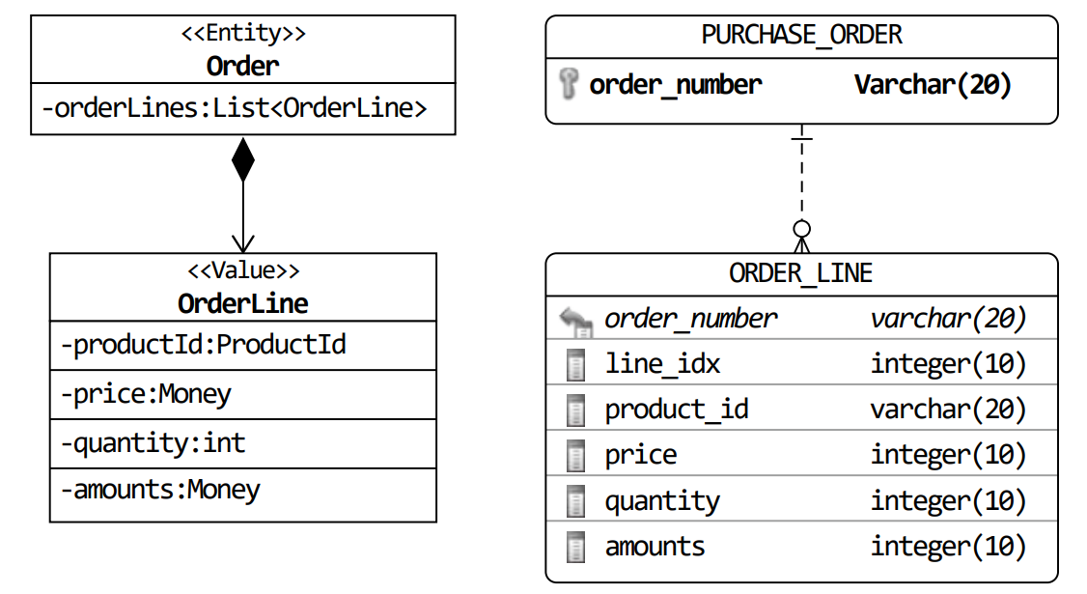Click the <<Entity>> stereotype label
pyautogui.click(x=242, y=33)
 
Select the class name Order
pyautogui.click(x=242, y=66)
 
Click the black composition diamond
pyautogui.click(x=242, y=159)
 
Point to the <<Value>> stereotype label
pyautogui.click(x=243, y=269)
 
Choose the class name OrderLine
pyautogui.click(x=242, y=303)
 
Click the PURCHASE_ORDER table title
pyautogui.click(x=801, y=35)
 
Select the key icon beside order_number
pyautogui.click(x=569, y=84)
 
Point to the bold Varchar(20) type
pyautogui.click(x=933, y=85)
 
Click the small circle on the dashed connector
pyautogui.click(x=801, y=228)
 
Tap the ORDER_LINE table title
pyautogui.click(x=800, y=273)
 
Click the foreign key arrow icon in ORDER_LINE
pyautogui.click(x=575, y=322)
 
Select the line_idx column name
pyautogui.click(x=663, y=363)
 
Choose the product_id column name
pyautogui.click(x=677, y=410)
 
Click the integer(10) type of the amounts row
pyautogui.click(x=948, y=546)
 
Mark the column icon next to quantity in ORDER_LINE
pyautogui.click(x=575, y=501)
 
